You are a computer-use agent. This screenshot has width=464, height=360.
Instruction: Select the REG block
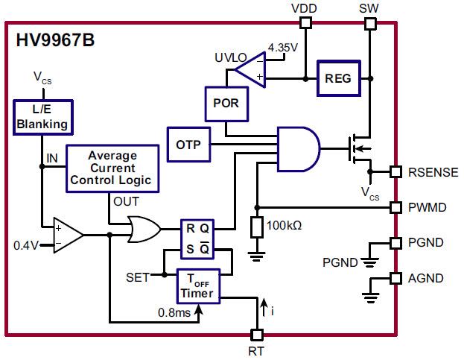338,78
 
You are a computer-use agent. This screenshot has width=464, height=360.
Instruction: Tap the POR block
225,103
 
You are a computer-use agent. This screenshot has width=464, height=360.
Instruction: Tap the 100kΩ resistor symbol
257,227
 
